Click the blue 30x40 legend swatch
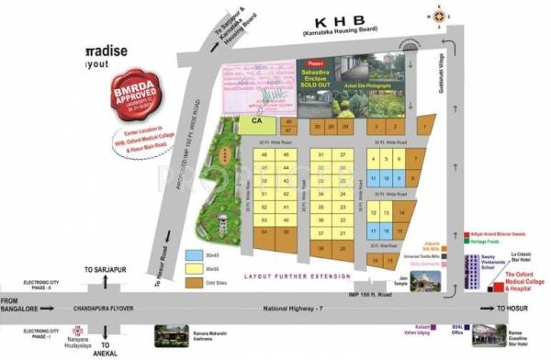192,253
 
